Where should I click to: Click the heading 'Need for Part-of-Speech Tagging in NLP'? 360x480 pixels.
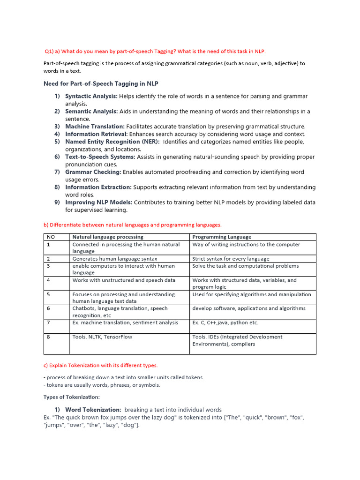tap(101, 84)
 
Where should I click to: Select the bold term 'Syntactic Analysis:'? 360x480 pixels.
tap(91, 96)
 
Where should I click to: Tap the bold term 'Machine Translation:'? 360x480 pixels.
tap(95, 127)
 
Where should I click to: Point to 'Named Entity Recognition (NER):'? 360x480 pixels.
tap(112, 142)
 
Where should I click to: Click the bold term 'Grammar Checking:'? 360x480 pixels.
tap(93, 172)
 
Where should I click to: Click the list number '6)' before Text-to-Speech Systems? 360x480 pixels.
tap(57, 157)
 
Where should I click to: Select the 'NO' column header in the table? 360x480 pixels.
tap(51, 237)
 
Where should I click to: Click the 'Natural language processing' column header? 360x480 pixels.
tap(108, 237)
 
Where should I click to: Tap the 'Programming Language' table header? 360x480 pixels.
tap(222, 237)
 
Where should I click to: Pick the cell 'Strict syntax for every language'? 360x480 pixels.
tap(231, 259)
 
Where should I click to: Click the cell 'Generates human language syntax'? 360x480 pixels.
tap(115, 259)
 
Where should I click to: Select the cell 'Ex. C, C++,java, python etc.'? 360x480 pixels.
tap(225, 322)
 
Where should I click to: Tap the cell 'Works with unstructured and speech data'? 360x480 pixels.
tap(124, 280)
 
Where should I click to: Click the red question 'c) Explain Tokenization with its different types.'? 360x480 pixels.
tap(100, 365)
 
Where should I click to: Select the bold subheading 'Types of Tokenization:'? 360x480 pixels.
tap(72, 397)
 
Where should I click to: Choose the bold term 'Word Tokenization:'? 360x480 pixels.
tap(93, 410)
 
